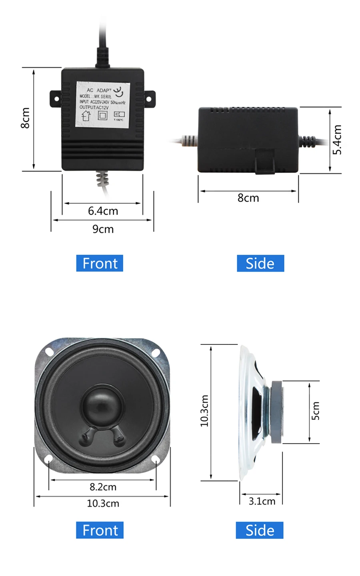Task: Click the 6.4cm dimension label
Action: click(x=103, y=211)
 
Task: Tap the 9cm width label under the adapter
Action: click(x=103, y=229)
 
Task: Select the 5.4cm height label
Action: click(x=338, y=140)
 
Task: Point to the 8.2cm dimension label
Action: click(x=103, y=487)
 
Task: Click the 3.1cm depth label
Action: click(x=262, y=501)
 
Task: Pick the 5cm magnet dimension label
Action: click(x=316, y=411)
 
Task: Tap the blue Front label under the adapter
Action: click(x=100, y=263)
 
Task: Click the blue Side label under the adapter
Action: click(x=260, y=263)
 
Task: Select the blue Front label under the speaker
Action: click(x=100, y=530)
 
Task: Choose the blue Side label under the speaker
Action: click(x=260, y=530)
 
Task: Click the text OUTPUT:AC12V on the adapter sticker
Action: click(x=94, y=108)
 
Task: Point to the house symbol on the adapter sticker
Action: click(x=86, y=116)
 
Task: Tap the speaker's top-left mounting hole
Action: click(x=49, y=352)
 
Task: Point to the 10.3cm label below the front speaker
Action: click(x=103, y=503)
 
